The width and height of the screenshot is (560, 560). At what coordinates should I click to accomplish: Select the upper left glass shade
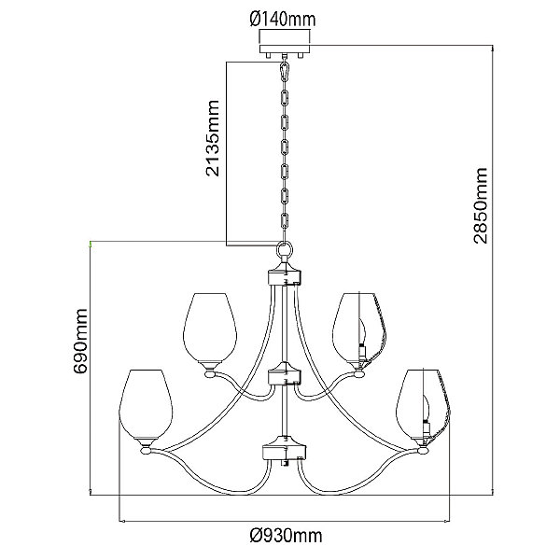[210, 327]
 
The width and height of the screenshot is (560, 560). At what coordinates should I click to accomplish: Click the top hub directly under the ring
[287, 276]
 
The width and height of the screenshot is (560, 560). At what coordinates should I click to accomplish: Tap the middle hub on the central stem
[287, 378]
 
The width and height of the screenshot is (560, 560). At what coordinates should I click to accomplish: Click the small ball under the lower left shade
[146, 452]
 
